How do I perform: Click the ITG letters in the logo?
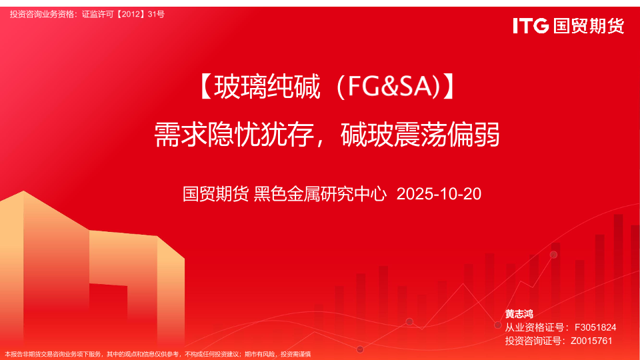[x=531, y=26]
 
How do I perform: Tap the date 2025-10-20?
[x=439, y=194]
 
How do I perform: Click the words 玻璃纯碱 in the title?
[x=267, y=87]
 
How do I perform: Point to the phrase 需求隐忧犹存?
[x=234, y=135]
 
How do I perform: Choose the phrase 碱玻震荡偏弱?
[x=420, y=135]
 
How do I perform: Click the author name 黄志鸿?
[x=519, y=314]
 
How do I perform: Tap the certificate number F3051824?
[x=595, y=327]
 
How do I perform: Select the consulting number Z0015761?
[x=591, y=341]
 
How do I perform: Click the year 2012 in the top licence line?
[x=131, y=14]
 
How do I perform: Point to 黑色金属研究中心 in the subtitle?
[x=320, y=194]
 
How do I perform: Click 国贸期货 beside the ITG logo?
[x=589, y=26]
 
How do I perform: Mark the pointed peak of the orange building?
[x=23, y=191]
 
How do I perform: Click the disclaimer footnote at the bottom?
[x=157, y=354]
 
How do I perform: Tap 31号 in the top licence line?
[x=156, y=14]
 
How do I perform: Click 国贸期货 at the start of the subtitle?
[x=215, y=194]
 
